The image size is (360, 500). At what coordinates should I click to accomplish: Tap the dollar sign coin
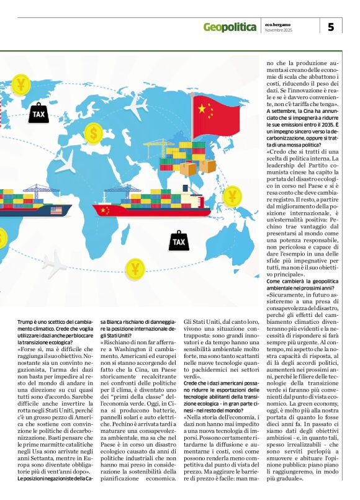point(93,132)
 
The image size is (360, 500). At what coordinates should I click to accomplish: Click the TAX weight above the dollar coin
point(38,113)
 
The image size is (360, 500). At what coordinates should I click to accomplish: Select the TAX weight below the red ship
point(179,240)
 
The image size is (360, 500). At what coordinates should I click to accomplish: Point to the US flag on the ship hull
point(56,211)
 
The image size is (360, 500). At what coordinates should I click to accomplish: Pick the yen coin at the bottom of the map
point(135,269)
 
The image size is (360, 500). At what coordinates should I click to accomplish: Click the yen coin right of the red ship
point(232,197)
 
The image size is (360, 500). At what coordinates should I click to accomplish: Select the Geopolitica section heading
point(230,27)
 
